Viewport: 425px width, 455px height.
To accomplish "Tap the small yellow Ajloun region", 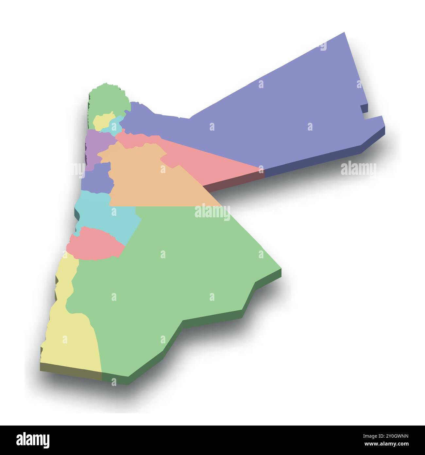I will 102,121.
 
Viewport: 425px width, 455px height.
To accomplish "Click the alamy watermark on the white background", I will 358,169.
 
